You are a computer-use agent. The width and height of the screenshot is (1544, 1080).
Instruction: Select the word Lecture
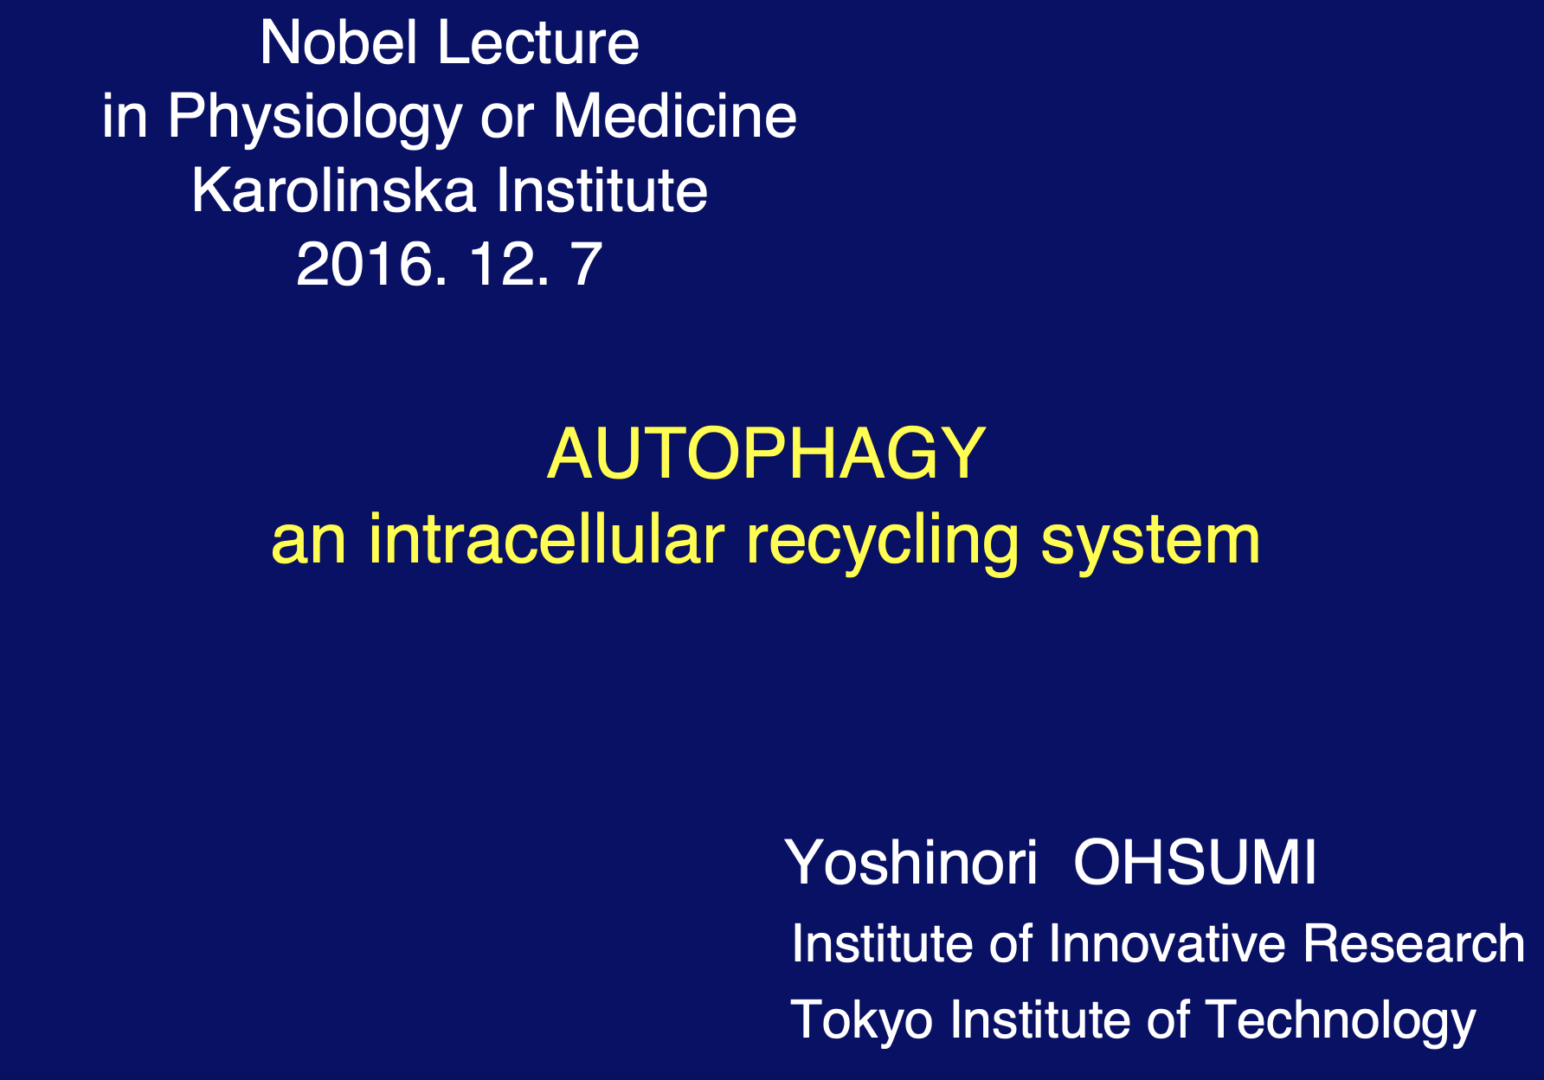(x=539, y=42)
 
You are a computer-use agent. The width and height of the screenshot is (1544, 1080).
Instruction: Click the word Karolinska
(x=333, y=190)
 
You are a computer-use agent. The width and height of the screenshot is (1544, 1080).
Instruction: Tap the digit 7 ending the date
(x=585, y=264)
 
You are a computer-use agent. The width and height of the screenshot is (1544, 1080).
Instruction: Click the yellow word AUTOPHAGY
(x=767, y=453)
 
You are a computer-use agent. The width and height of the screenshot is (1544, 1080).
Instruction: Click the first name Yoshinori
(x=911, y=863)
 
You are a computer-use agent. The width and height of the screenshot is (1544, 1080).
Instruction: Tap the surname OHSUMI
(x=1195, y=863)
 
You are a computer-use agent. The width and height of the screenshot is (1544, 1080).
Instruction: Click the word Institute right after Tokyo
(x=1039, y=1019)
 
